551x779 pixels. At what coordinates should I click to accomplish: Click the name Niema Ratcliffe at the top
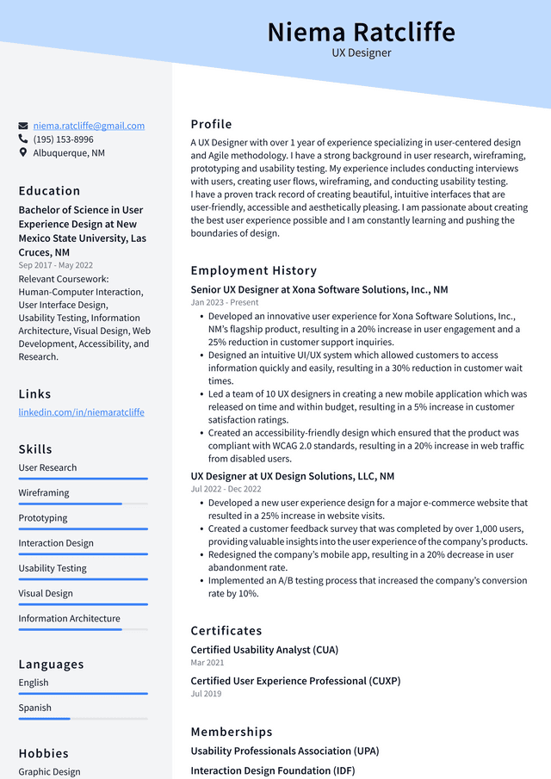pos(361,32)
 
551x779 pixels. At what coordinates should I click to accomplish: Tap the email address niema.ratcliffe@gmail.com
pos(89,126)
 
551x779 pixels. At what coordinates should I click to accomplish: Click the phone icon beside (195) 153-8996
pos(23,139)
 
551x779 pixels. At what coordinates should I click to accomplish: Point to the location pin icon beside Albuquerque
pos(23,152)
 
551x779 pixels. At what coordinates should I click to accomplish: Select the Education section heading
pos(49,191)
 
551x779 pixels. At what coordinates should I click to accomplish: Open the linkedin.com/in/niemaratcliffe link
pos(81,412)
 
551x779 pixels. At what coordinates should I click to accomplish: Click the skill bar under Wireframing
pos(83,504)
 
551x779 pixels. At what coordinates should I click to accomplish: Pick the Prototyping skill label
pos(43,518)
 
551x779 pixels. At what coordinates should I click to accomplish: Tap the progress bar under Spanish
pos(83,719)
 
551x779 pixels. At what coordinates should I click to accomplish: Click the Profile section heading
pos(211,124)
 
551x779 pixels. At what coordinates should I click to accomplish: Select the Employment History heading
pos(253,270)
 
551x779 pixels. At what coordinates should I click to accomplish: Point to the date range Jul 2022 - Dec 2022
pos(226,489)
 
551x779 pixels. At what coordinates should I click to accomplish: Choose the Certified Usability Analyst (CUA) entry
pos(264,650)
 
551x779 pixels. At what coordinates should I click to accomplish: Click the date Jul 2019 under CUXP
pos(206,694)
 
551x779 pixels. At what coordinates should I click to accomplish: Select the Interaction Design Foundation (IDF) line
pos(272,770)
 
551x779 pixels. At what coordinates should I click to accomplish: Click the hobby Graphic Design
pos(51,772)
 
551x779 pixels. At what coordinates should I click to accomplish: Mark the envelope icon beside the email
pos(23,126)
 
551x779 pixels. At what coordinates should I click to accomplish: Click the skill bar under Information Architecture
pos(83,629)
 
